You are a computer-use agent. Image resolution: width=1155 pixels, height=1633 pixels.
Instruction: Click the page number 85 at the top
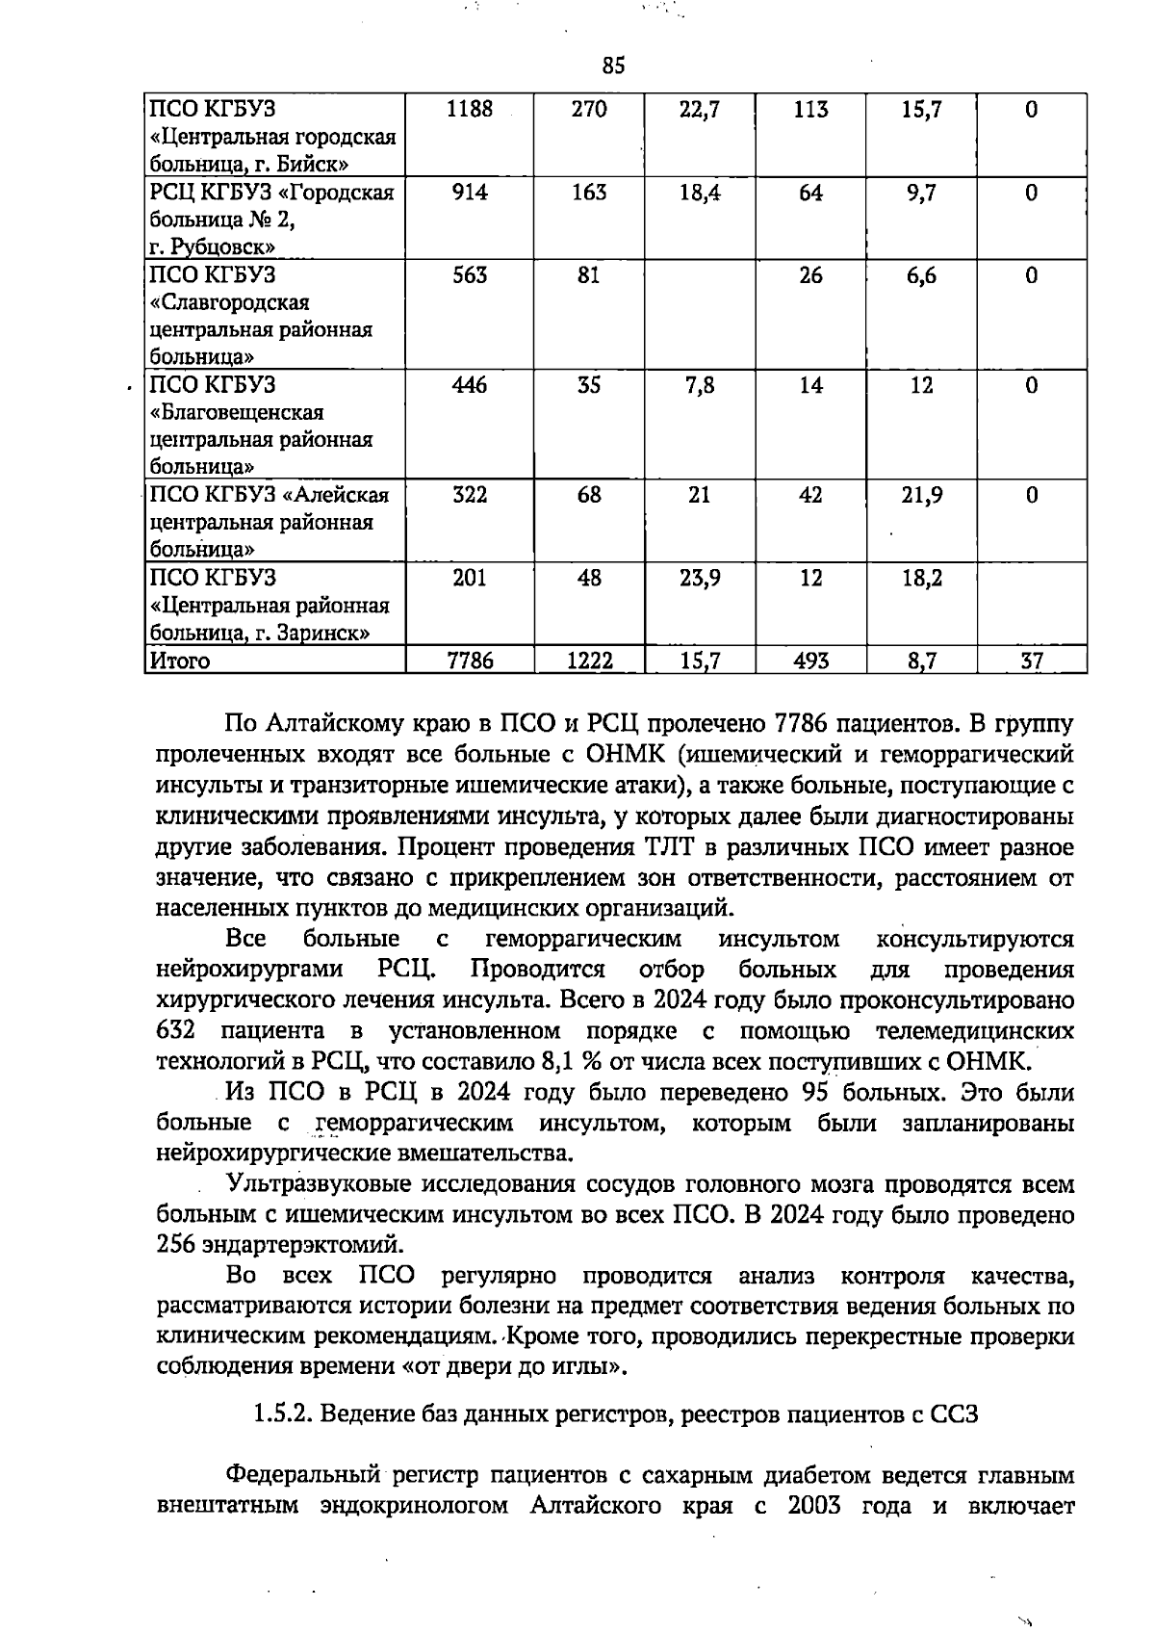613,65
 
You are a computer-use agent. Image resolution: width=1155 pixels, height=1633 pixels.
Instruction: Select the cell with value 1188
470,110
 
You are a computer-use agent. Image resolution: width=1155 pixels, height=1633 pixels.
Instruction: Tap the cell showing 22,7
700,110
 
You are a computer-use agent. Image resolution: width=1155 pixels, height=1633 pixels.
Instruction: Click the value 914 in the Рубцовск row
470,193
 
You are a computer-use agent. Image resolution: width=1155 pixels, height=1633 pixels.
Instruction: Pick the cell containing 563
470,275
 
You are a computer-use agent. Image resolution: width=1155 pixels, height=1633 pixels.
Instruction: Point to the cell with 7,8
700,385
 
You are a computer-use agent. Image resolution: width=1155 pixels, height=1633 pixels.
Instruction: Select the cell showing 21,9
921,495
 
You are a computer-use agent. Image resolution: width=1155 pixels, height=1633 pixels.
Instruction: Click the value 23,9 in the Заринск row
700,578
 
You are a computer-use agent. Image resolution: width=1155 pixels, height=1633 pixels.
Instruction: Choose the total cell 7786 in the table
470,661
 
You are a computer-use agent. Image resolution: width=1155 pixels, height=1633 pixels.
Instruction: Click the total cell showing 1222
589,661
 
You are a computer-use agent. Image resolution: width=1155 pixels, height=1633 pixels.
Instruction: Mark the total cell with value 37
1031,661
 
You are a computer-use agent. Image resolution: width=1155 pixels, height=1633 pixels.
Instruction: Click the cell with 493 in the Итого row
810,661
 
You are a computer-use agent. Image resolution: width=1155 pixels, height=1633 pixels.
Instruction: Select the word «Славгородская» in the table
230,303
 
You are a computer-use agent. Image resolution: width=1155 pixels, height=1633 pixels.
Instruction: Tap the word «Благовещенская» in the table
237,413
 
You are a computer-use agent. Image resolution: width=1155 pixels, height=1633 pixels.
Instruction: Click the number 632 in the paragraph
176,1031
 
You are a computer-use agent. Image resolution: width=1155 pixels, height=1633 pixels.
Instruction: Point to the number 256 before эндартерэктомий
176,1245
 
